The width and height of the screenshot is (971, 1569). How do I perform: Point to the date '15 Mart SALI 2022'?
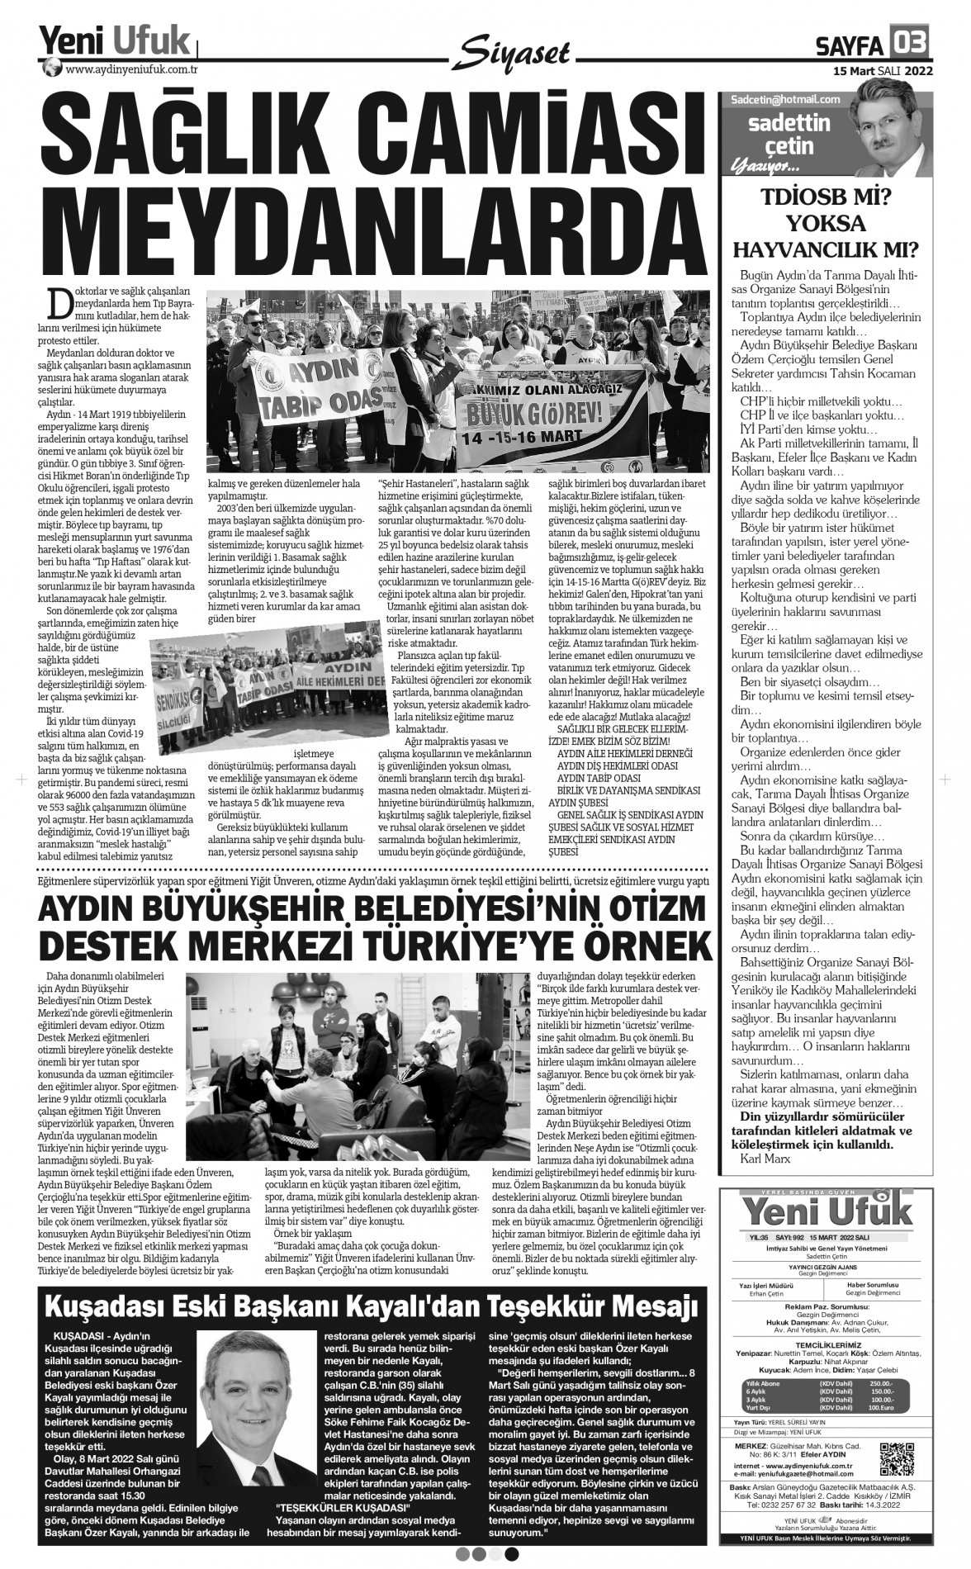point(882,71)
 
